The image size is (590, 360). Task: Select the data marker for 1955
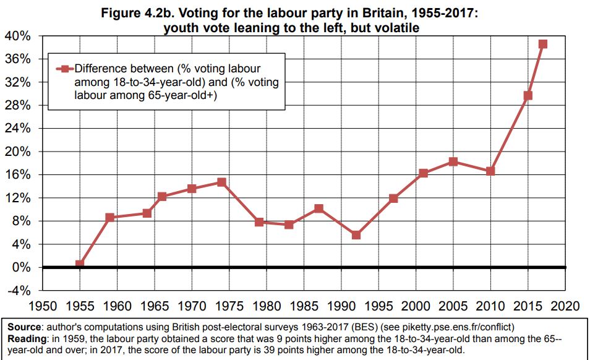pos(80,264)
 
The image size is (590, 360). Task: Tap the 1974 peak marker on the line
pos(221,182)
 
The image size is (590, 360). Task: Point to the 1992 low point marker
pos(356,235)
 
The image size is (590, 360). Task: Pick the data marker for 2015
pos(528,96)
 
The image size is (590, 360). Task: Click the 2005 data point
pos(453,162)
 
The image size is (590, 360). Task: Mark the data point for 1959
pos(110,218)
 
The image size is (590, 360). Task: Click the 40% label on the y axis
pos(18,36)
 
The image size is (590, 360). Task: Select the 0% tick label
pos(21,268)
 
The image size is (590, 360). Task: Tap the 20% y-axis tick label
pos(18,152)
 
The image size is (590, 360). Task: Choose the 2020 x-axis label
pos(565,306)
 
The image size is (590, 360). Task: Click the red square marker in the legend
pos(62,69)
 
